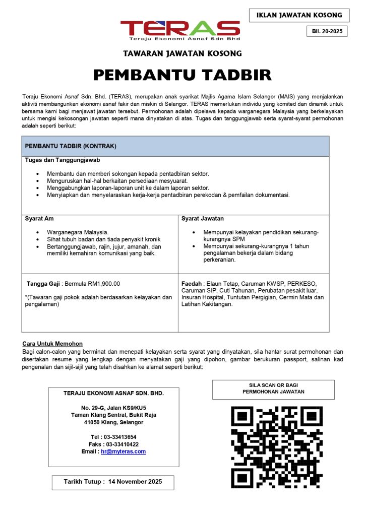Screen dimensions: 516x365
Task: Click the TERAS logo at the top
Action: pyautogui.click(x=180, y=30)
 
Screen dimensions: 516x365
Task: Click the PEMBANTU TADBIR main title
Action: pyautogui.click(x=182, y=75)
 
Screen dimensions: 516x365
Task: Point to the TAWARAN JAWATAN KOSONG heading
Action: pyautogui.click(x=182, y=53)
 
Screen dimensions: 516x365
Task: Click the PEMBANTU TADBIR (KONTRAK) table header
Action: pyautogui.click(x=71, y=146)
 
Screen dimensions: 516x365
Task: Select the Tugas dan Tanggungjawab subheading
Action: pyautogui.click(x=63, y=160)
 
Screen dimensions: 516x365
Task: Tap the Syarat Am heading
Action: pyautogui.click(x=39, y=219)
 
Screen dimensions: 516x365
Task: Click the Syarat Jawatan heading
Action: pyautogui.click(x=203, y=219)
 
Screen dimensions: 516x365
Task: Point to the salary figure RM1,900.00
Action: pyautogui.click(x=105, y=284)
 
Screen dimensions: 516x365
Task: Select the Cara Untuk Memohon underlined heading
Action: pyautogui.click(x=52, y=344)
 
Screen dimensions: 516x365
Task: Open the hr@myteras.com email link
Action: pyautogui.click(x=123, y=451)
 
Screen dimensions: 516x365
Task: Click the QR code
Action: pyautogui.click(x=276, y=447)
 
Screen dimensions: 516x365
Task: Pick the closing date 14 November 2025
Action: pyautogui.click(x=135, y=482)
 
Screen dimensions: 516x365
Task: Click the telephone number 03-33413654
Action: pyautogui.click(x=120, y=437)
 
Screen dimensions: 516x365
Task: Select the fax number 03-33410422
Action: pyautogui.click(x=120, y=444)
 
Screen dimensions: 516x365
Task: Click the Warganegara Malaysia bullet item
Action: pyautogui.click(x=78, y=232)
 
